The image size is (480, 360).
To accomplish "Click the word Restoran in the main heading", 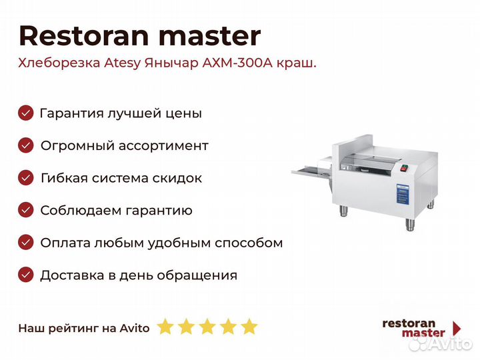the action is point(84,36).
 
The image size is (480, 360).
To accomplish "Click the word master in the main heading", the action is point(210,37).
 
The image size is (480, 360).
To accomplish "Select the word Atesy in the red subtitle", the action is point(123,63).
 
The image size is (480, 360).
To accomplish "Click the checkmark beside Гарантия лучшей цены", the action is point(26,113).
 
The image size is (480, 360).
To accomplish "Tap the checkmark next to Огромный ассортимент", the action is point(26,145).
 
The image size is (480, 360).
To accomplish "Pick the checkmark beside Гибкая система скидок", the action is point(26,178).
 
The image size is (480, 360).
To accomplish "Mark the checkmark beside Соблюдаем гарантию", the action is point(26,210).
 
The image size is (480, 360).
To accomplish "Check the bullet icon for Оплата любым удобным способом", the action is point(26,243).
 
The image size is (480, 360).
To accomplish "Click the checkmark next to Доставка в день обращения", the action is point(26,275).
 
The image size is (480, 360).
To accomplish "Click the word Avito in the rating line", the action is point(135,328).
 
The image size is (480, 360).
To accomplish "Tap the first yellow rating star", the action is point(165,326).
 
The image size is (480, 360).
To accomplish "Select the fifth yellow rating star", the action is point(249,326).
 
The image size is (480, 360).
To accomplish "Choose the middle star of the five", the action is point(207,326).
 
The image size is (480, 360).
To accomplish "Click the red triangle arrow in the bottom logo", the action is point(457,328).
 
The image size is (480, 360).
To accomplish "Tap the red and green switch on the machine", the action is point(405,168).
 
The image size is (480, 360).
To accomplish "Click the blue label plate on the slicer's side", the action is point(403,194).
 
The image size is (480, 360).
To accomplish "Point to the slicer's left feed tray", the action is point(311,171).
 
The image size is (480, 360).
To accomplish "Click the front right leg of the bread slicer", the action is point(410,225).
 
